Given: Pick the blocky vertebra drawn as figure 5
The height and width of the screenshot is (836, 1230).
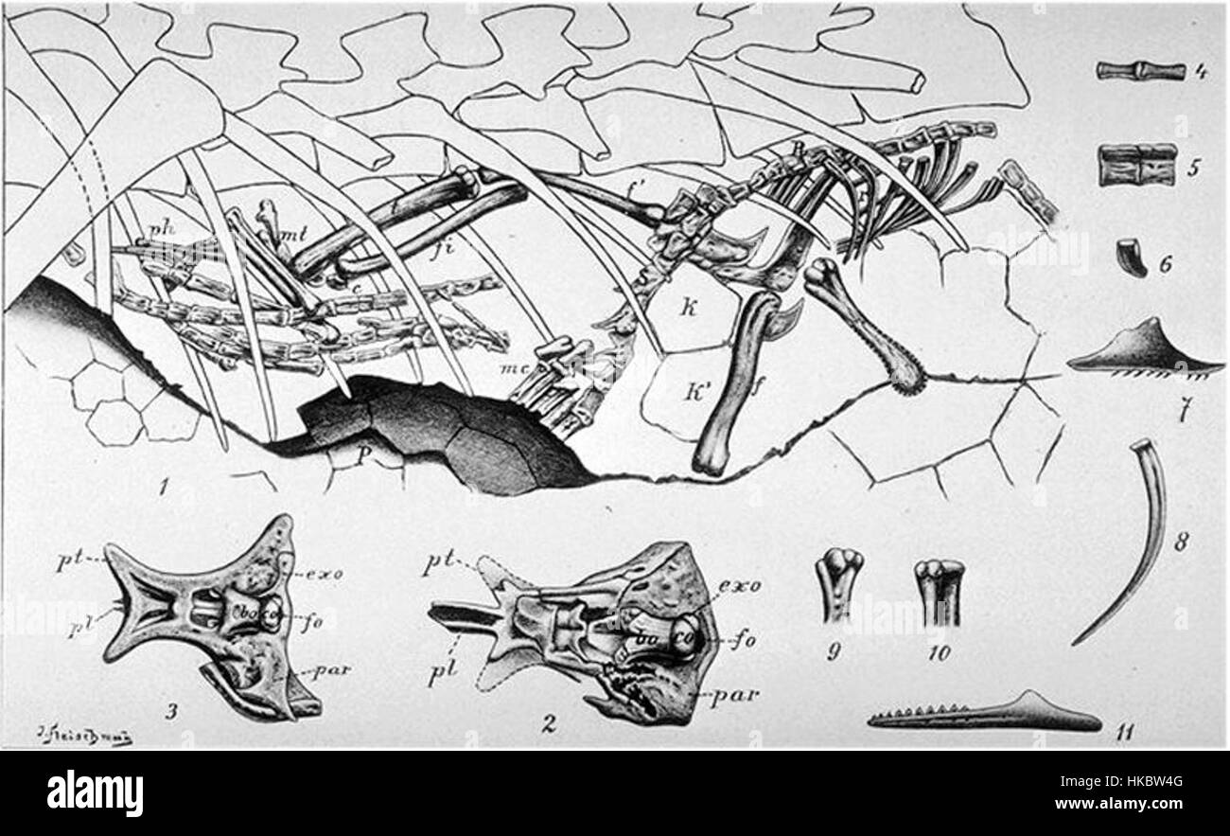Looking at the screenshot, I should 1137,164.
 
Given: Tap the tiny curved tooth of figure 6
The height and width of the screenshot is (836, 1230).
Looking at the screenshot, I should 1129,258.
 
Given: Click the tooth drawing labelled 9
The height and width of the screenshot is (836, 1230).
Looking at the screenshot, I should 839,584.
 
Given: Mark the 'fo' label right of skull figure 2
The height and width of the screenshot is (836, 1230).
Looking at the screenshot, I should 746,637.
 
